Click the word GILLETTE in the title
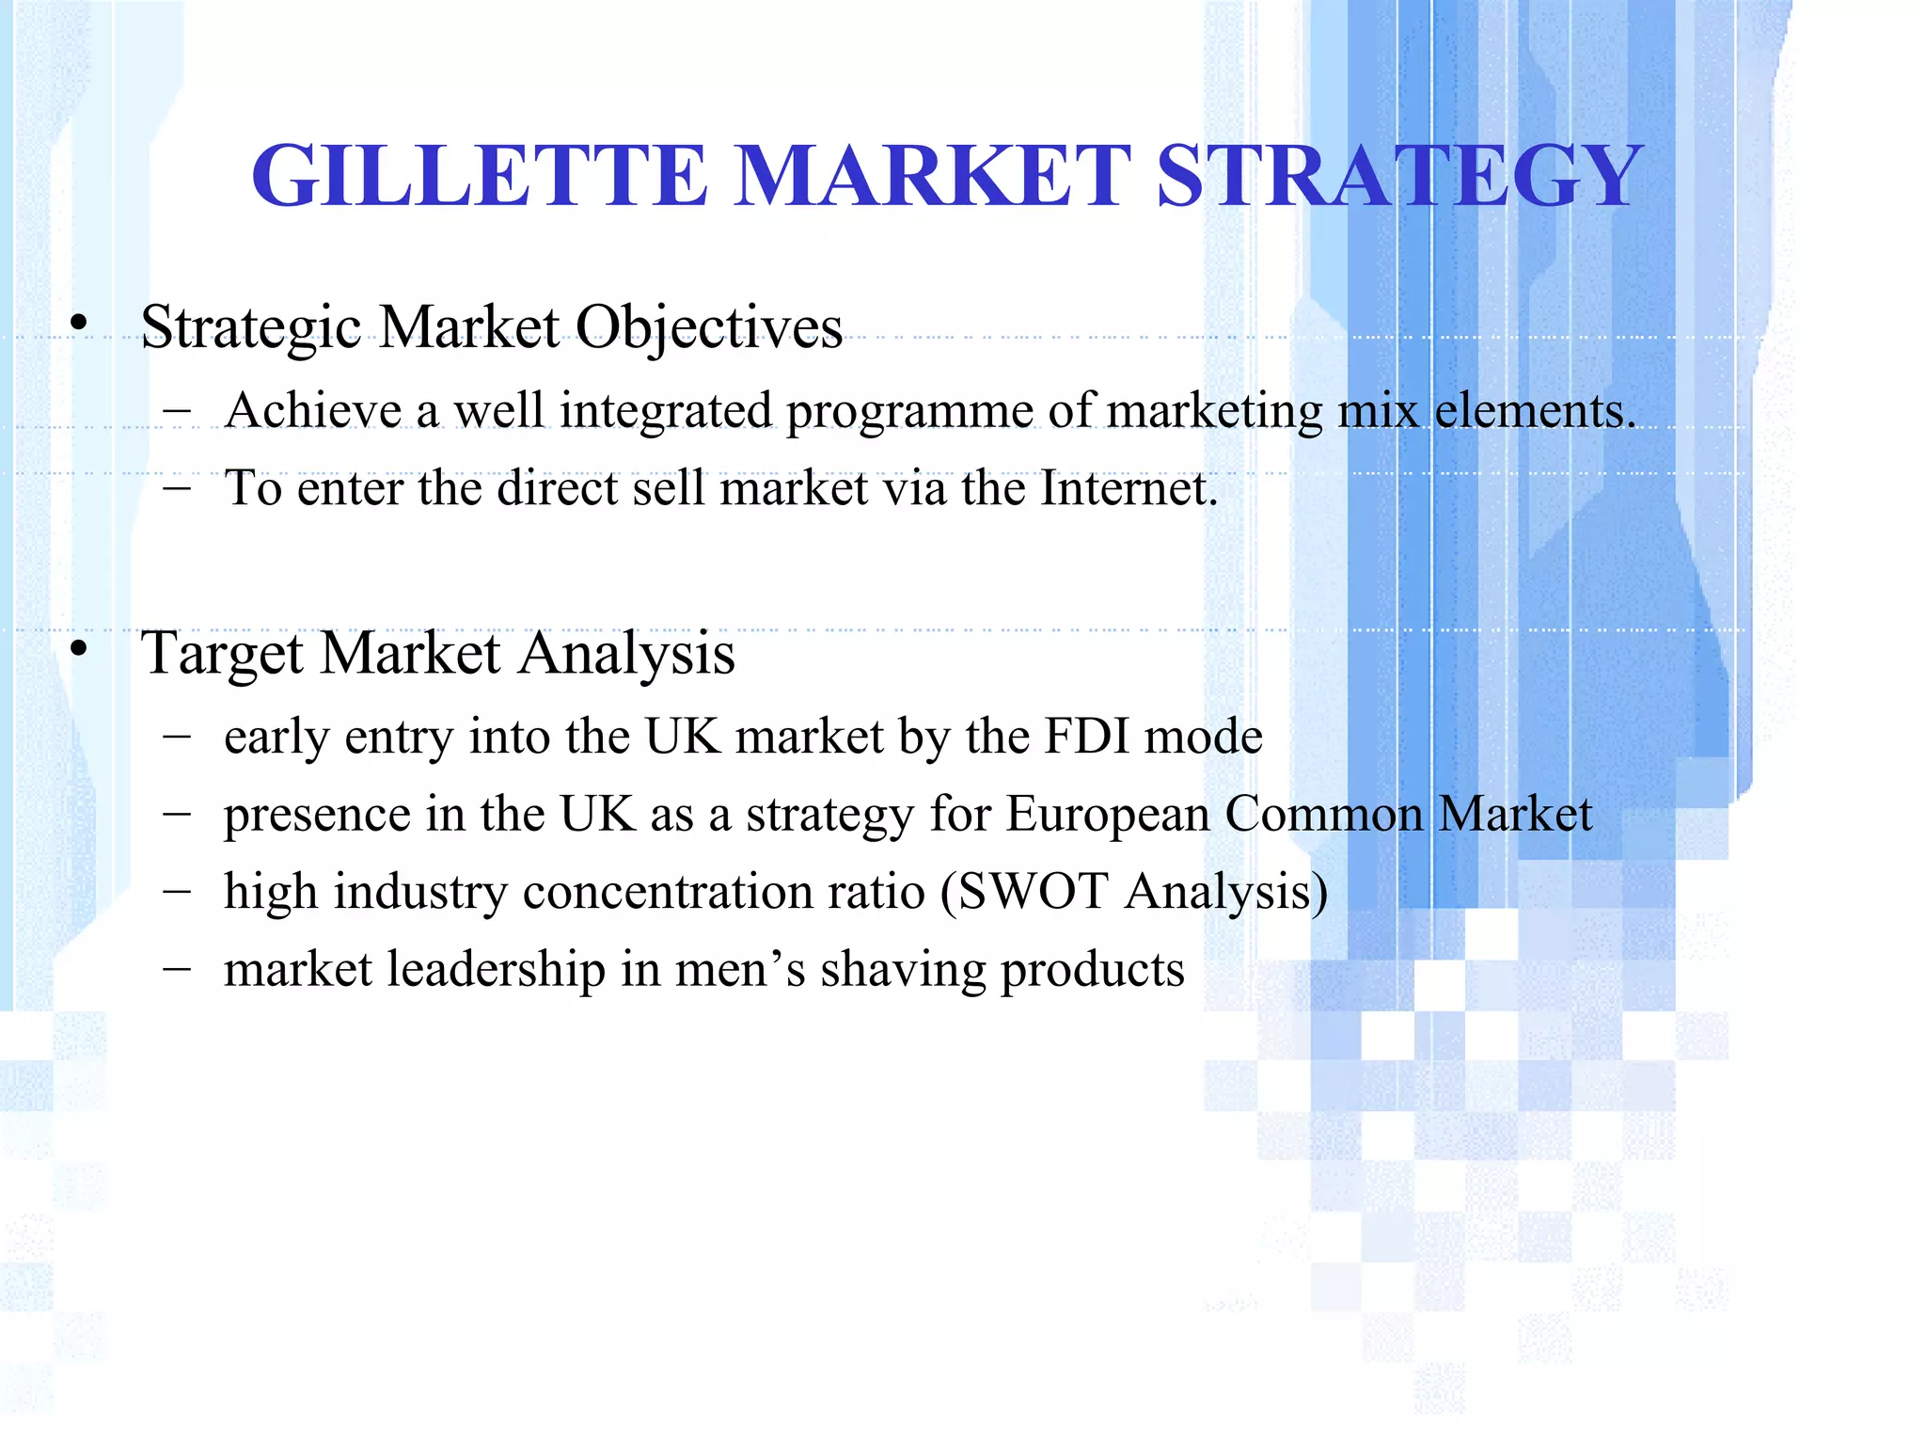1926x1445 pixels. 480,176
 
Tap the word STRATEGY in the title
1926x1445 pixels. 1399,176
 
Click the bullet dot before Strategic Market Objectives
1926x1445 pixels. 79,324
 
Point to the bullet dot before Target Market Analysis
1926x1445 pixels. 79,649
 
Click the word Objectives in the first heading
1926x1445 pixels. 708,328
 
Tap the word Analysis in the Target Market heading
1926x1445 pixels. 626,654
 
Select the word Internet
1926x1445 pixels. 1128,488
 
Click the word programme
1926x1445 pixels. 909,412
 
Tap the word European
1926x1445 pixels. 1107,815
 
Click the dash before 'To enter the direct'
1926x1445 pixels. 176,488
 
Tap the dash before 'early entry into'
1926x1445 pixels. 176,737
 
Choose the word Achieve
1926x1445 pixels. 313,411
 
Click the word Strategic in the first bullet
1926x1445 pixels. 251,328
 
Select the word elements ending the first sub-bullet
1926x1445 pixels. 1534,411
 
